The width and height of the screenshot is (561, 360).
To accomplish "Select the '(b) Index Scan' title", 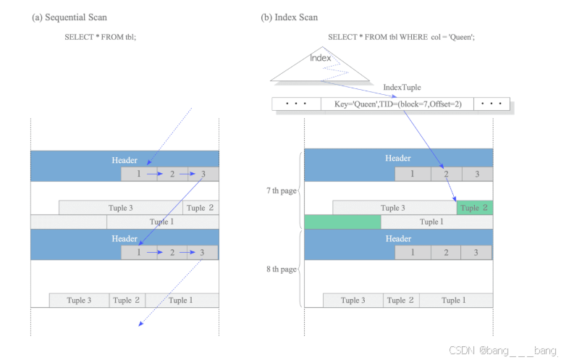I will tap(289, 17).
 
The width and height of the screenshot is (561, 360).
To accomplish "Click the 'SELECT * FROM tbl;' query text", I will tap(101, 36).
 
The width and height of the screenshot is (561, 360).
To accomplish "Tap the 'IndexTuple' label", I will tap(402, 87).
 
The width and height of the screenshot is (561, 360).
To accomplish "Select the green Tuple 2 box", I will tap(474, 208).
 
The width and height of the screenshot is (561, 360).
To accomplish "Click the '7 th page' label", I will tap(281, 191).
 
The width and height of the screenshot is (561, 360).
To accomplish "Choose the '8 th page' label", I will tap(281, 269).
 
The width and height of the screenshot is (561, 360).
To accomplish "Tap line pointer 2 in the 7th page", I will tap(447, 174).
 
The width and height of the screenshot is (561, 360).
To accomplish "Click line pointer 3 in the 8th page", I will tap(476, 253).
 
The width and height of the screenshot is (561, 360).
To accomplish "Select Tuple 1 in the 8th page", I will tap(455, 300).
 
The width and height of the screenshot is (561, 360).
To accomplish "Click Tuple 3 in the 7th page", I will tap(394, 208).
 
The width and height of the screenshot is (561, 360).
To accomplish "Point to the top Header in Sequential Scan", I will tap(125, 159).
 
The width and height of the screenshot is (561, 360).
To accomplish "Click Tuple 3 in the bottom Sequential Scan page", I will tap(79, 300).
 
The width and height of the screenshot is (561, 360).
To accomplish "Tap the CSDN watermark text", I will tap(503, 350).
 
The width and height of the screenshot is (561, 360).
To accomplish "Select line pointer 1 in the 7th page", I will tap(413, 174).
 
